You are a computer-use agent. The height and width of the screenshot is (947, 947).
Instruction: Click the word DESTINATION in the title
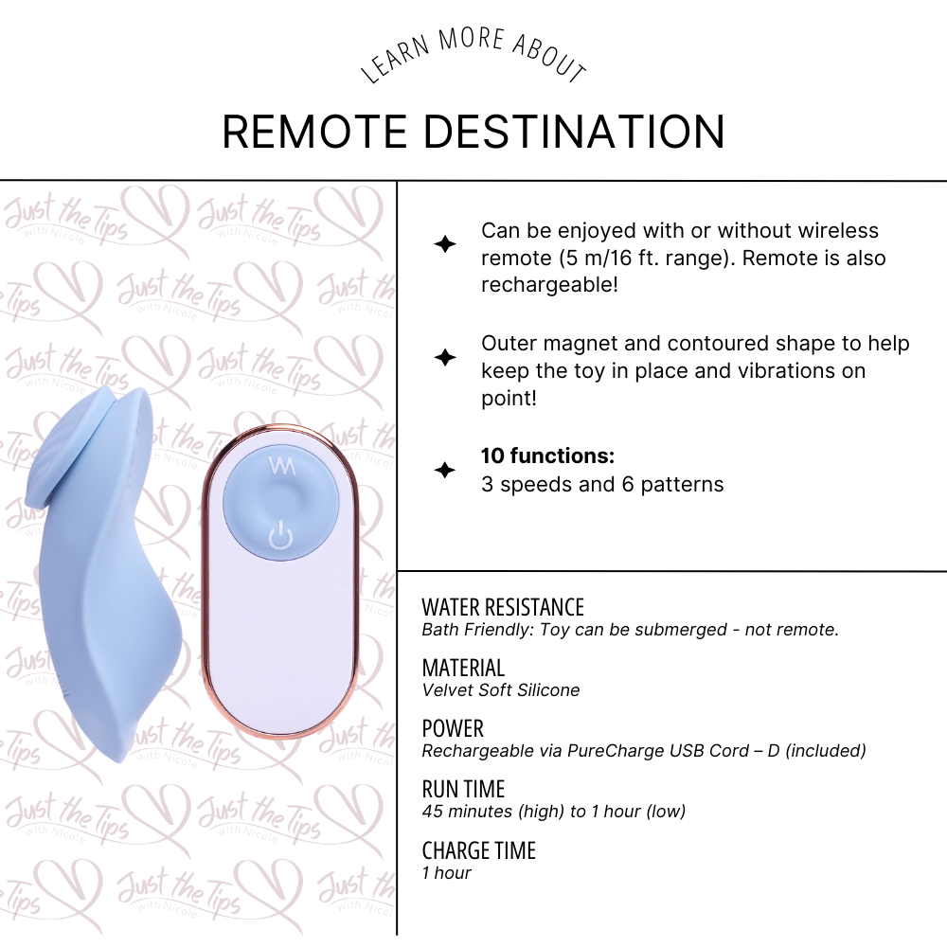point(574,132)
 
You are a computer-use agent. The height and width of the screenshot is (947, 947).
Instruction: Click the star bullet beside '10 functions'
point(444,471)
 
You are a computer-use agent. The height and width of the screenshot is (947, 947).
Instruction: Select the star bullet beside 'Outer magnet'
point(444,357)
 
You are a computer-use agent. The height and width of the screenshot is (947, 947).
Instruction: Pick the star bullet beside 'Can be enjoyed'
point(444,244)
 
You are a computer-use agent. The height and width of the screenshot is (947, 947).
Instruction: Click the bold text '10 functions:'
point(547,456)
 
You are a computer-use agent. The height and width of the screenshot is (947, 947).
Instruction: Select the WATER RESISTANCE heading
point(503,607)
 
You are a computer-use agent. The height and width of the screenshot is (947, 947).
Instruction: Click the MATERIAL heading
point(463,668)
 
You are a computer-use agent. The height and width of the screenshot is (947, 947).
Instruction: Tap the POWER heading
point(453,728)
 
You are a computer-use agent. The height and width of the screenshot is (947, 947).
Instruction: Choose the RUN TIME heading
point(463,789)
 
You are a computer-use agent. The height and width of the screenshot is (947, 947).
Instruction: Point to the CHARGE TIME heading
point(478,850)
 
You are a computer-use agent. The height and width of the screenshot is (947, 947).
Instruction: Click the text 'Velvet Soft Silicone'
point(501,690)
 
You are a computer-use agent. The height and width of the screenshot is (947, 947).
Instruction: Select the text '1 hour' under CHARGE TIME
point(446,873)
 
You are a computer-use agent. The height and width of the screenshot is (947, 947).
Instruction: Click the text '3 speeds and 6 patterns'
point(602,485)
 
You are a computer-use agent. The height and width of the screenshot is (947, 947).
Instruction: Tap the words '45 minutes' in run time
point(463,812)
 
